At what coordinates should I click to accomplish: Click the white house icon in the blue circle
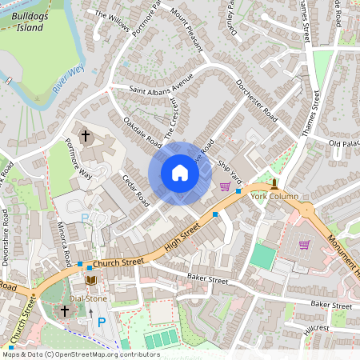pyautogui.click(x=180, y=173)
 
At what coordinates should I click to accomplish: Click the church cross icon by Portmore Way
pyautogui.click(x=86, y=136)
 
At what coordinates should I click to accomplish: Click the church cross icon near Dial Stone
pyautogui.click(x=64, y=310)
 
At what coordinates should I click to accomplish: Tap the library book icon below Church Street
pyautogui.click(x=90, y=279)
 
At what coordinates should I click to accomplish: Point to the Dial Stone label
pyautogui.click(x=88, y=298)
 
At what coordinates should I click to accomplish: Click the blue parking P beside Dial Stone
pyautogui.click(x=101, y=322)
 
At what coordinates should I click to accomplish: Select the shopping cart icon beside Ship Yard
pyautogui.click(x=226, y=186)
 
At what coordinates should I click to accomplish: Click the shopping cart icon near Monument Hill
pyautogui.click(x=304, y=244)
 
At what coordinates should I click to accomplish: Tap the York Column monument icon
pyautogui.click(x=274, y=183)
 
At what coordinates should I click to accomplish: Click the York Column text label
pyautogui.click(x=274, y=196)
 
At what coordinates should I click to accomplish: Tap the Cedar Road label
pyautogui.click(x=135, y=186)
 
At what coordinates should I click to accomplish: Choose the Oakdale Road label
pyautogui.click(x=142, y=131)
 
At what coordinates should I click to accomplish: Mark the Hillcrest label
pyautogui.click(x=316, y=328)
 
